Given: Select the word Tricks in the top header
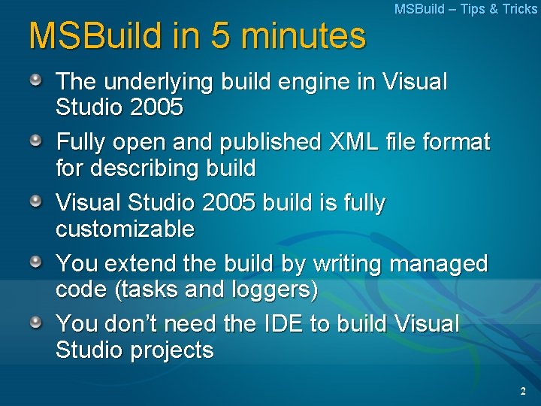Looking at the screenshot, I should click(519, 9).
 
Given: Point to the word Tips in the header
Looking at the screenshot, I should click(474, 9).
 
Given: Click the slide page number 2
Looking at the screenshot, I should click(523, 391).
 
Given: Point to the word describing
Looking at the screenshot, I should click(141, 167).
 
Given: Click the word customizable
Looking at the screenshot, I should click(125, 228).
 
